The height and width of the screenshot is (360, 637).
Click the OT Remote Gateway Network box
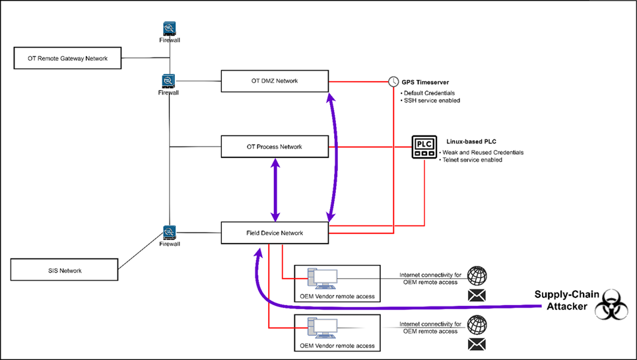click(67, 58)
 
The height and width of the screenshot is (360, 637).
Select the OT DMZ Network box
click(275, 81)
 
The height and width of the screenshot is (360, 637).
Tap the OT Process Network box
click(275, 147)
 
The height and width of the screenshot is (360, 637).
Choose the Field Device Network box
click(275, 233)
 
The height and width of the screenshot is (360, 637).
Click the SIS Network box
click(64, 270)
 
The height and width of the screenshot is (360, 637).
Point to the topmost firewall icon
click(170, 29)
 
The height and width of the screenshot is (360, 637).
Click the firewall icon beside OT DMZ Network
click(168, 81)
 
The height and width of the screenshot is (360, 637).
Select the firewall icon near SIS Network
click(170, 233)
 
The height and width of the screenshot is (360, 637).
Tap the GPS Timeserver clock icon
click(393, 82)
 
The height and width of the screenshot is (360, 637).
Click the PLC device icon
click(424, 147)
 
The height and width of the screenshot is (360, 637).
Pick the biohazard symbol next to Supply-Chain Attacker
click(611, 305)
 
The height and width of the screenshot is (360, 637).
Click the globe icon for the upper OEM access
click(477, 276)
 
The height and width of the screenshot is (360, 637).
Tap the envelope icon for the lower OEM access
click(477, 345)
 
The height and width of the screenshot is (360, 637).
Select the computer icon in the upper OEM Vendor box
click(322, 279)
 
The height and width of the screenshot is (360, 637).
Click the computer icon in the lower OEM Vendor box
click(322, 328)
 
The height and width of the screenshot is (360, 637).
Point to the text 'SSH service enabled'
click(432, 100)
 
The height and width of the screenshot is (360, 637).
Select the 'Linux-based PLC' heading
click(471, 141)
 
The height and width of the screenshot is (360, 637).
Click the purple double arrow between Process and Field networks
click(275, 190)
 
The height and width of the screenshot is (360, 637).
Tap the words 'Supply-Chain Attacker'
click(567, 301)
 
